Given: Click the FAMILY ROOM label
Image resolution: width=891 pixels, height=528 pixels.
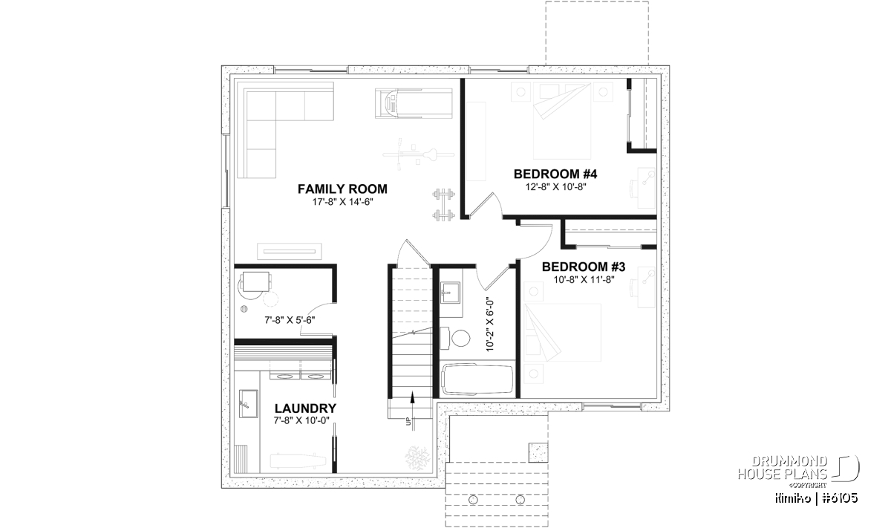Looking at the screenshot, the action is (342, 189).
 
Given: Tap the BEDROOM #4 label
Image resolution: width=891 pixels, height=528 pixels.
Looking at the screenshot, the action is (555, 175).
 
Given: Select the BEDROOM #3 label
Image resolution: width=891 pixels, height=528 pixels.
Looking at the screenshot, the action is (584, 267).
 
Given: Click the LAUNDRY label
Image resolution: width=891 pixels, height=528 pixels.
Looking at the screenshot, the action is (305, 408).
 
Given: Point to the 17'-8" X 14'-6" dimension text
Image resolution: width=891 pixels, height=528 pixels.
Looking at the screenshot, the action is (342, 202).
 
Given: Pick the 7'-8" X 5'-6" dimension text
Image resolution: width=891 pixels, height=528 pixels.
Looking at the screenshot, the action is (290, 320).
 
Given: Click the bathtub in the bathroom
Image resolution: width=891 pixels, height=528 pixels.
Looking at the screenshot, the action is (477, 379).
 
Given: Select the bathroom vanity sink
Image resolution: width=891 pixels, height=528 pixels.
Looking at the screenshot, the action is (450, 293).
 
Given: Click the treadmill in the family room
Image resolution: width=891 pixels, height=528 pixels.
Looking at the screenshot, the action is (414, 103).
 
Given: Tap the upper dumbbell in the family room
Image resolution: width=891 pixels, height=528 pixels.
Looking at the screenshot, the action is (444, 195).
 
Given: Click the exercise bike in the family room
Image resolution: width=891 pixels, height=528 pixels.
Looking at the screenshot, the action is (417, 154).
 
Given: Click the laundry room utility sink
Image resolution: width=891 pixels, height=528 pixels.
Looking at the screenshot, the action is (248, 403).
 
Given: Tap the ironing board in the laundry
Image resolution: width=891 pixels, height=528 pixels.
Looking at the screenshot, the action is (299, 460).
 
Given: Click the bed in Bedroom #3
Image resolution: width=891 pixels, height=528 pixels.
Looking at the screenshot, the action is (562, 333).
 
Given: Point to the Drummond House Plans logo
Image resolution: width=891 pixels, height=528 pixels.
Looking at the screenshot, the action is (798, 472).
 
